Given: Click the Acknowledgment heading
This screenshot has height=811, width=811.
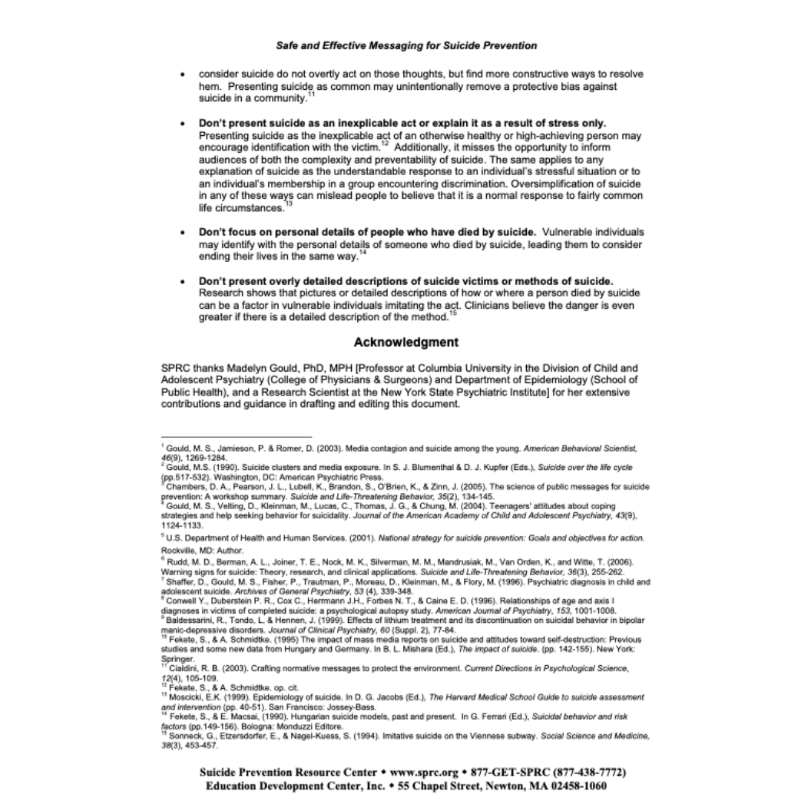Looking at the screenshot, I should pos(406,342).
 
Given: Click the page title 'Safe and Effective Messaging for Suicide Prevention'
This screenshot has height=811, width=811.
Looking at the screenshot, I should pos(406,45).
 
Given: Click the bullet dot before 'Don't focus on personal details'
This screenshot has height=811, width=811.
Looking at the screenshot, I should pos(182,232).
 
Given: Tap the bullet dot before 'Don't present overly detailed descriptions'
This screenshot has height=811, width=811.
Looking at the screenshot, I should pos(182,281).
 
